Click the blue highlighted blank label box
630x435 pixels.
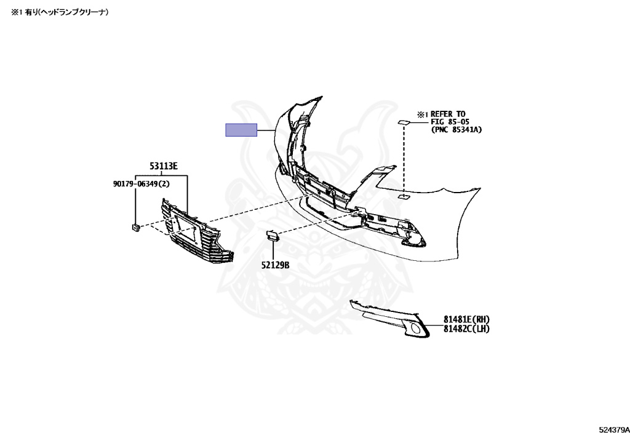click(241, 130)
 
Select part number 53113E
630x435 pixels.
click(164, 166)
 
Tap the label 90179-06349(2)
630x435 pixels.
click(141, 184)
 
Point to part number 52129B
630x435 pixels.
click(275, 265)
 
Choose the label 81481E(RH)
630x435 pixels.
click(466, 319)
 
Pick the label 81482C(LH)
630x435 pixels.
click(466, 329)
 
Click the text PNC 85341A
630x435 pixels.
click(457, 129)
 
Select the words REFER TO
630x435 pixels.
click(448, 114)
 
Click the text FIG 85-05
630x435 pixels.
click(450, 122)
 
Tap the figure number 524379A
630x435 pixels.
click(615, 430)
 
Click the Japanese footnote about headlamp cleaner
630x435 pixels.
click(60, 12)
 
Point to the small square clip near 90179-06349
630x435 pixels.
click(135, 227)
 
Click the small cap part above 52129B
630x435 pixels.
click(272, 236)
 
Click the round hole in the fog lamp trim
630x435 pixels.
click(416, 330)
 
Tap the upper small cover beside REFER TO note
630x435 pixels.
click(404, 122)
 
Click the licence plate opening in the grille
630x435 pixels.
click(185, 228)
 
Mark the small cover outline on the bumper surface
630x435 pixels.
click(404, 197)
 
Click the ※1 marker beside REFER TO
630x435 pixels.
click(423, 114)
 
